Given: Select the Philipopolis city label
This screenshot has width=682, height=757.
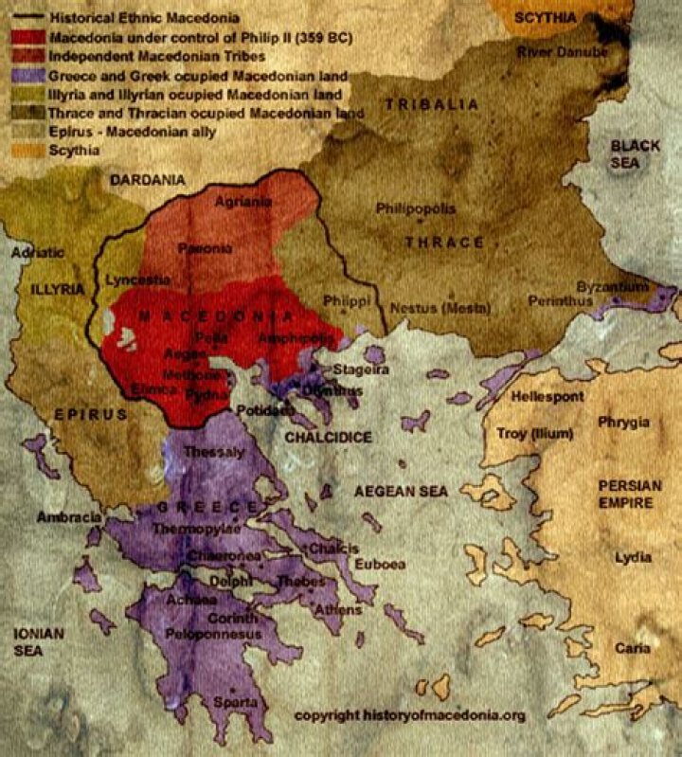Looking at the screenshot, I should pos(416,207).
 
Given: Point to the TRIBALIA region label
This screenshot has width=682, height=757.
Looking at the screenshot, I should pos(431,104).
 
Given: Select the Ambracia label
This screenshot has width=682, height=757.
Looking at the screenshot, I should pos(68,517).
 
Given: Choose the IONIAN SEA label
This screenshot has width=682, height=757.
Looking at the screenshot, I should pos(31,641).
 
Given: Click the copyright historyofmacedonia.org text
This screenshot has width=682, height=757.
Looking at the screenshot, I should pos(409,714).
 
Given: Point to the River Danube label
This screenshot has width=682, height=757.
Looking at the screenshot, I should pos(561,51).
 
